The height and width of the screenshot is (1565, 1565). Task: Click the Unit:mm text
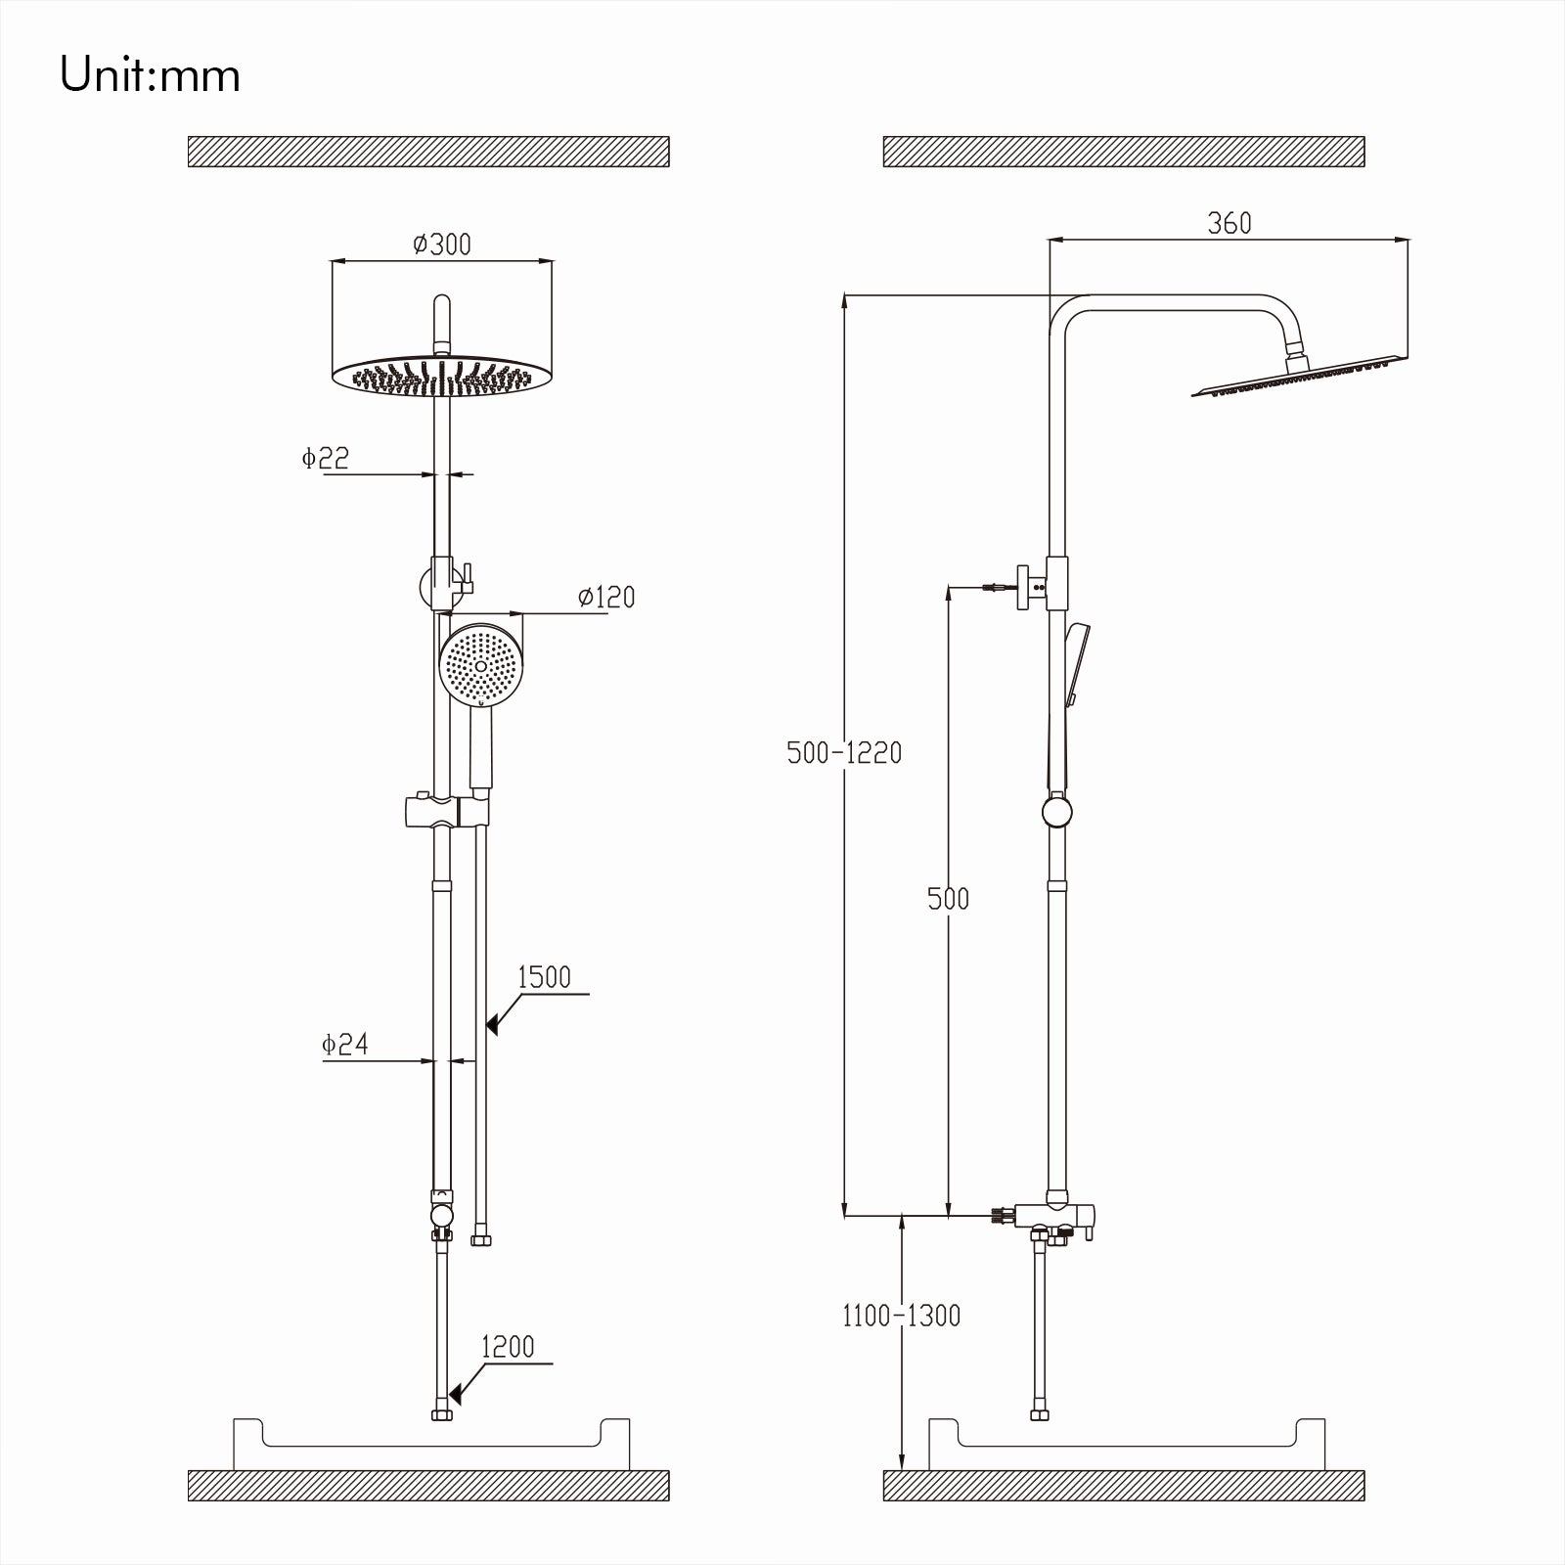coord(150,76)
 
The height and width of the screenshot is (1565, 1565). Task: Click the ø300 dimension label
coord(441,244)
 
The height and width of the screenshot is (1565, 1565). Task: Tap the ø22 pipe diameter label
coord(325,458)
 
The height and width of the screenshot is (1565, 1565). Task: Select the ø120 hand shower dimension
coord(605,597)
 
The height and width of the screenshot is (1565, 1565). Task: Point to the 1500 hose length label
coord(544,977)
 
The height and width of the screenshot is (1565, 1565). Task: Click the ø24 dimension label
coord(344,1044)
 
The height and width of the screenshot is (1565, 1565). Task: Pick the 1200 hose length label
coord(508,1347)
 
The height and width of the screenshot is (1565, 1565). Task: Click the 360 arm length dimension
coord(1229,224)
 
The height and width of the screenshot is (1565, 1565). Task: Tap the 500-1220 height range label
coord(844,752)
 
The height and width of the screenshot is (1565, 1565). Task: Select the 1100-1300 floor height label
coord(901,1316)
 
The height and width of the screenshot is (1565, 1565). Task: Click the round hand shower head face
coord(479,665)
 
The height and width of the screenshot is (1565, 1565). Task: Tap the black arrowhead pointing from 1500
coord(493,1024)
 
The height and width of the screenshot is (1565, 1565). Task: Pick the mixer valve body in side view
coord(1054,1216)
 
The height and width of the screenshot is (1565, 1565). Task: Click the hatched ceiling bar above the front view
coord(428,152)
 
